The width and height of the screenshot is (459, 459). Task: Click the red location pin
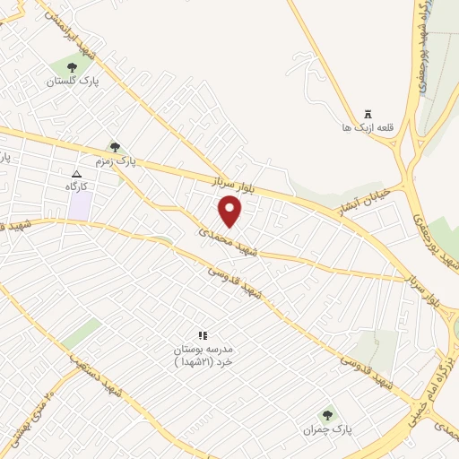230,212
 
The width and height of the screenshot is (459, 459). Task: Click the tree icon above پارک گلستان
72,67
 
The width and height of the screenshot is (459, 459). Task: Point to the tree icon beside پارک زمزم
114,147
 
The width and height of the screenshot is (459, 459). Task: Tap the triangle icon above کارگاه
76,174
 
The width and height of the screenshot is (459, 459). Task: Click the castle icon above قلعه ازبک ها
366,114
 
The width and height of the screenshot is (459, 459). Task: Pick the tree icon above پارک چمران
327,415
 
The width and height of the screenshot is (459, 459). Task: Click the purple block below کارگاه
81,205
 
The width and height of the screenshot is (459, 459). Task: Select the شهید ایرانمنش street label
66,28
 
